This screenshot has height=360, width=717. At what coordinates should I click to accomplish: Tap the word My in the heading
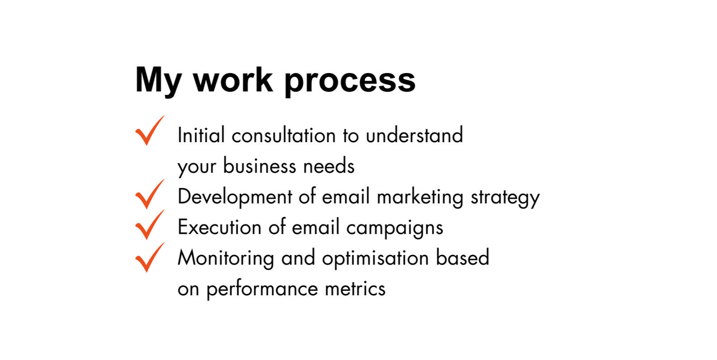(x=158, y=81)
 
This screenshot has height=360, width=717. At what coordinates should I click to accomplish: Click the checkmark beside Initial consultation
(x=150, y=131)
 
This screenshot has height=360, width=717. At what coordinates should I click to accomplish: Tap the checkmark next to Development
(x=150, y=194)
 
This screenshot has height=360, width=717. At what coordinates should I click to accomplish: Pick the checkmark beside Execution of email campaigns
(x=150, y=225)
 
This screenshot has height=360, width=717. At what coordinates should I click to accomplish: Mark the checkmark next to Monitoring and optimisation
(x=150, y=258)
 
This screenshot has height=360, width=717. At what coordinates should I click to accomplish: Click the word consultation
(x=284, y=135)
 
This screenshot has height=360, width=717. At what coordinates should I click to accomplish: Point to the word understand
(x=415, y=135)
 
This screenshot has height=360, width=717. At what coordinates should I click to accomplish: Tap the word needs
(x=329, y=166)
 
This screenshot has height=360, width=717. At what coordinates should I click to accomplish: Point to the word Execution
(x=220, y=227)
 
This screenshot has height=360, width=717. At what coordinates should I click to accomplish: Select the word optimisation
(x=375, y=259)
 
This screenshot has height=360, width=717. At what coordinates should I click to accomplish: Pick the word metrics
(x=355, y=288)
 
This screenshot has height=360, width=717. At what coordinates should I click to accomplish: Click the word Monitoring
(x=226, y=259)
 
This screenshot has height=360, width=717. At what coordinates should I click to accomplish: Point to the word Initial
(x=201, y=135)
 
